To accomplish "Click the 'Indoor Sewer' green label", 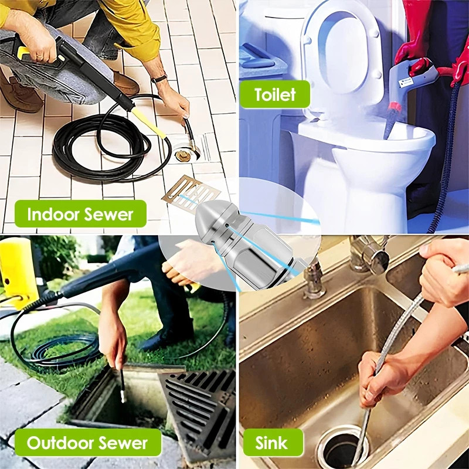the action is (80, 214).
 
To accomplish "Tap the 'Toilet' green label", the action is (274, 94).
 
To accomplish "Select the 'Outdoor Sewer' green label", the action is (87, 443).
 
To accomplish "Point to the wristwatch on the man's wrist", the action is (159, 79).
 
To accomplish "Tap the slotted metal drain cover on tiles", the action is (191, 192).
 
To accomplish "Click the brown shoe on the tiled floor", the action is (125, 83).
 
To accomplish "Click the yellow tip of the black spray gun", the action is (149, 123).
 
